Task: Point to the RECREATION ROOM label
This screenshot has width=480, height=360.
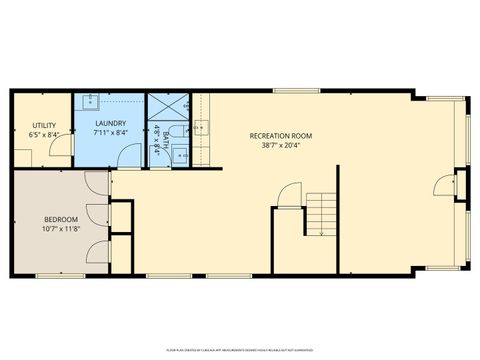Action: point(281,136)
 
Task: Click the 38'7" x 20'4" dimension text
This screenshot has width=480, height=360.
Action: point(281,146)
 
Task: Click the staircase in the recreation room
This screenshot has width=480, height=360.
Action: point(321,212)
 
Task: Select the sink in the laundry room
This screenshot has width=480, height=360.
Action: point(90,101)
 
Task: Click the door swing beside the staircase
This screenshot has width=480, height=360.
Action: point(288,195)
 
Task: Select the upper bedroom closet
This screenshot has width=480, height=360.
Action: point(121,217)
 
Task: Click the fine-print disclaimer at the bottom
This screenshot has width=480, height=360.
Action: point(240,349)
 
